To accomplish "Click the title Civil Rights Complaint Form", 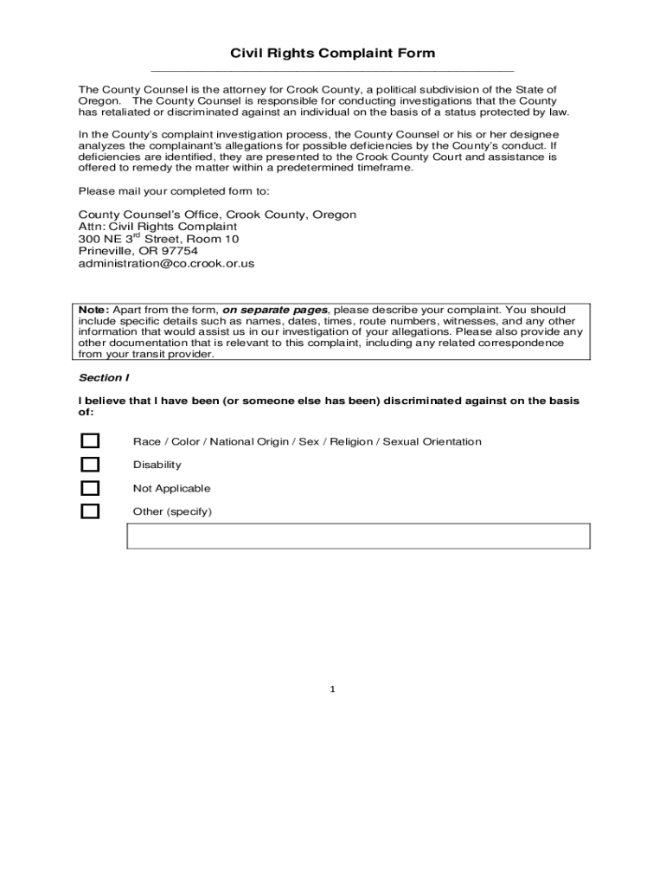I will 332,54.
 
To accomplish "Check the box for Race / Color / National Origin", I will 90,442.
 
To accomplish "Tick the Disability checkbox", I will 90,465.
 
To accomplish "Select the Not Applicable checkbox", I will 90,488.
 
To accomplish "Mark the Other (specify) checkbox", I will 90,511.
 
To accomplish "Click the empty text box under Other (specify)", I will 358,536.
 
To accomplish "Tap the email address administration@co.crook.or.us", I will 166,263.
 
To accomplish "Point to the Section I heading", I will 104,378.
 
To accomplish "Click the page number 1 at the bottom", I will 332,690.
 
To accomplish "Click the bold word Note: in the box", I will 93,310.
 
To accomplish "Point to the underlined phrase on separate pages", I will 275,310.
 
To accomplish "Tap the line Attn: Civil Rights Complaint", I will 157,227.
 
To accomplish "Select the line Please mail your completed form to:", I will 174,191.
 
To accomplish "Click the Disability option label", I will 157,465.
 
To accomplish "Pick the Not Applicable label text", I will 171,488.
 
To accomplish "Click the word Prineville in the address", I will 104,251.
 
